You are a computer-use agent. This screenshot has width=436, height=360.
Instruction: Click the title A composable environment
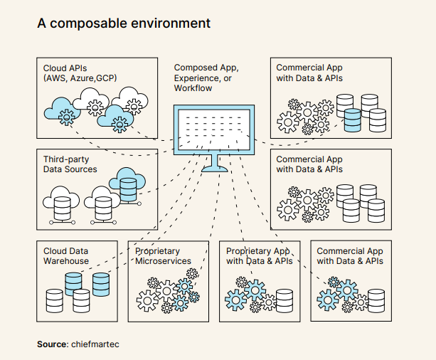[x=124, y=23]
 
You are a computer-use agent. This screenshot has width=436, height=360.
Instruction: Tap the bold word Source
[x=53, y=344]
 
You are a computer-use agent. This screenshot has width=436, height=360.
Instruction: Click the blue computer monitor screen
[x=213, y=130]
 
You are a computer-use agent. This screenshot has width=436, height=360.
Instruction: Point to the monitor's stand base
[x=214, y=169]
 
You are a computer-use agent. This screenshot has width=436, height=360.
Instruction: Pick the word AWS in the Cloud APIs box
[x=58, y=78]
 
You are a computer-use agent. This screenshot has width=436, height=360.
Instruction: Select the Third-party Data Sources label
[x=70, y=164]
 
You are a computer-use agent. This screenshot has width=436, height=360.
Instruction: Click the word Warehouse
[x=66, y=261]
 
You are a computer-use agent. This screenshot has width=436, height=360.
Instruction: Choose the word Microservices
[x=163, y=261]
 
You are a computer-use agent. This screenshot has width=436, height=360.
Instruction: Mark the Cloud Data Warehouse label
[x=66, y=256]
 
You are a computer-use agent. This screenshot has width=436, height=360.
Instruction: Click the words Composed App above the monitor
[x=206, y=68]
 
